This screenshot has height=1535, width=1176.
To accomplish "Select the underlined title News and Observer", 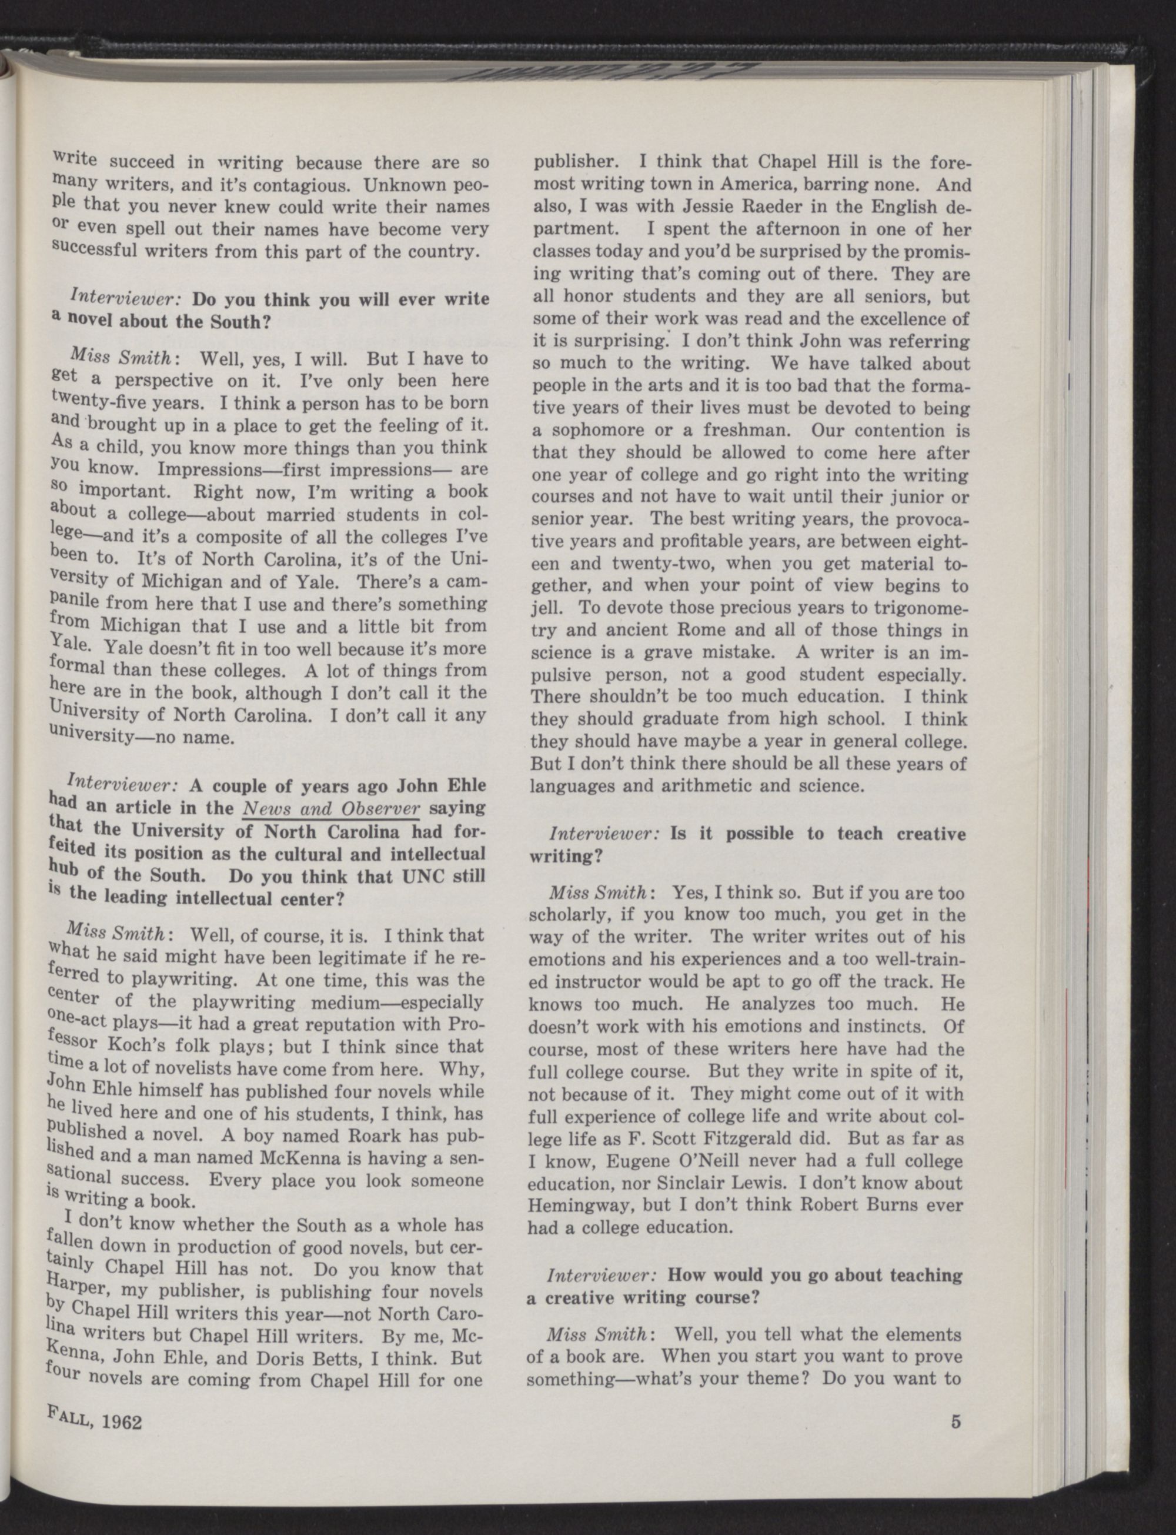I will (x=330, y=808).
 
